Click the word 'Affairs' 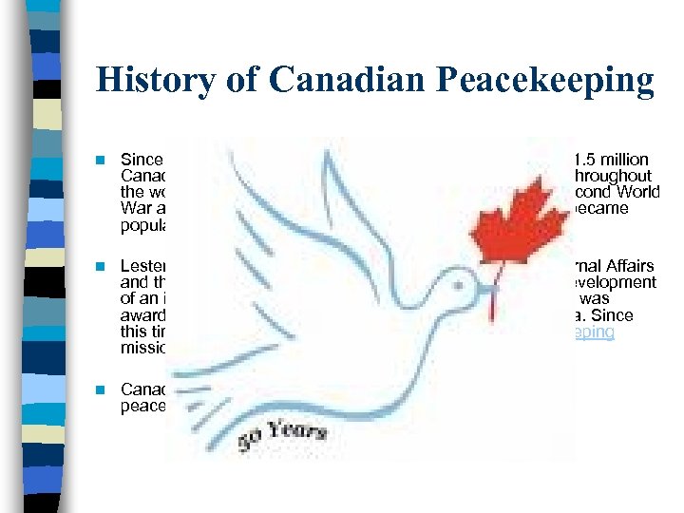631,268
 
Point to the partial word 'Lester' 142,268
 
